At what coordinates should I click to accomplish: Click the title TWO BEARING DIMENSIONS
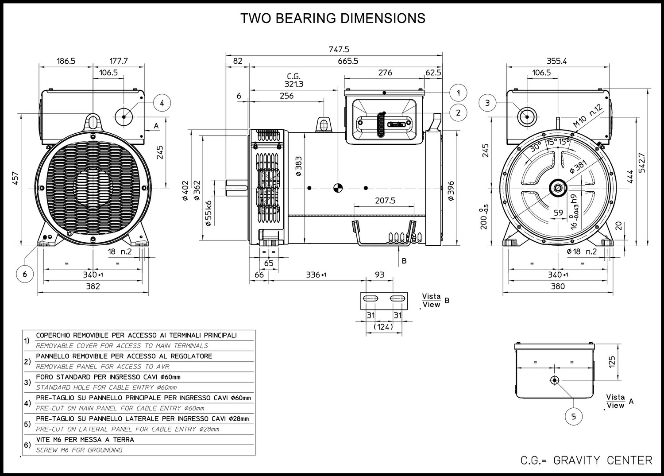coord(332,18)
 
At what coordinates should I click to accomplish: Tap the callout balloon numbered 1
coord(458,93)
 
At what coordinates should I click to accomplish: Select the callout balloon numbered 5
coord(574,416)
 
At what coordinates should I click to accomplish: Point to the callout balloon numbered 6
coord(25,274)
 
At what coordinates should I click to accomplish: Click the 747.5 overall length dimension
coord(339,49)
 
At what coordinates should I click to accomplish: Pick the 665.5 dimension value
coord(348,61)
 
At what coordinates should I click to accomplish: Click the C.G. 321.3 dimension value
coord(294,81)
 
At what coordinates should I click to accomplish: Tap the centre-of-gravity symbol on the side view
coord(338,188)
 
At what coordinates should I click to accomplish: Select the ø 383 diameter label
coord(299,166)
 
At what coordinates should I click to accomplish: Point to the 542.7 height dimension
coord(642,163)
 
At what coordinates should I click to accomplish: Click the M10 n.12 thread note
coord(588,116)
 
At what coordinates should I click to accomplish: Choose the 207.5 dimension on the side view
coord(385,201)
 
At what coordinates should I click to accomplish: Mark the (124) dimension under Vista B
coord(383,327)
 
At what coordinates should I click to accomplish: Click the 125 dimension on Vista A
coord(612,362)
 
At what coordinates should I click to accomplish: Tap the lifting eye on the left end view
coord(93,122)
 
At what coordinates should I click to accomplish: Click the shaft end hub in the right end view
coord(558,188)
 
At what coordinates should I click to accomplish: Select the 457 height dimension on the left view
coord(15,178)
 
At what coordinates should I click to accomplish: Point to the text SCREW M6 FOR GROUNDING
coord(79,450)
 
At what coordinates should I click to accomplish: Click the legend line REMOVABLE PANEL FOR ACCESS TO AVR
coord(103,367)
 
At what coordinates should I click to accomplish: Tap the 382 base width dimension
coord(93,286)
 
